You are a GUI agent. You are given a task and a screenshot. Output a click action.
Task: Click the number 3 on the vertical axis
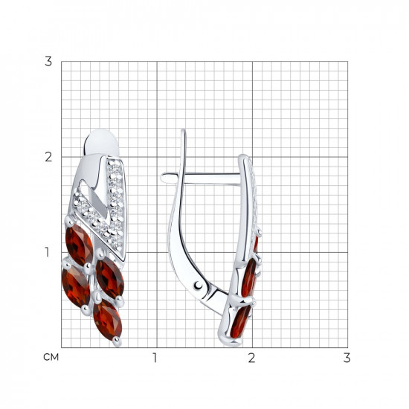[48, 62]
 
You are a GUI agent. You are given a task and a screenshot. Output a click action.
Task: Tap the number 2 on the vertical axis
[48, 157]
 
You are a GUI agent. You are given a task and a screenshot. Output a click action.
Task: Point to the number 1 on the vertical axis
[47, 252]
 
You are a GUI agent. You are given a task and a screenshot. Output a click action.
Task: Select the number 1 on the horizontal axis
[155, 358]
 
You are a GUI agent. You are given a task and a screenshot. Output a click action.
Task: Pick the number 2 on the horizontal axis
[251, 358]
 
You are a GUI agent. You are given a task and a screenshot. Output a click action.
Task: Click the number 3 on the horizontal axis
[347, 358]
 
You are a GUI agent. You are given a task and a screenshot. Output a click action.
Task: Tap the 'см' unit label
[51, 357]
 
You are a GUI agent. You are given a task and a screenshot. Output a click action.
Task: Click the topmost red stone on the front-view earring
[79, 245]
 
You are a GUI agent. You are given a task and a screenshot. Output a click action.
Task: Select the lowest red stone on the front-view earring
[108, 320]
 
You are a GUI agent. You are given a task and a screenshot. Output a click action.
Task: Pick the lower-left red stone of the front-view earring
[76, 286]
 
